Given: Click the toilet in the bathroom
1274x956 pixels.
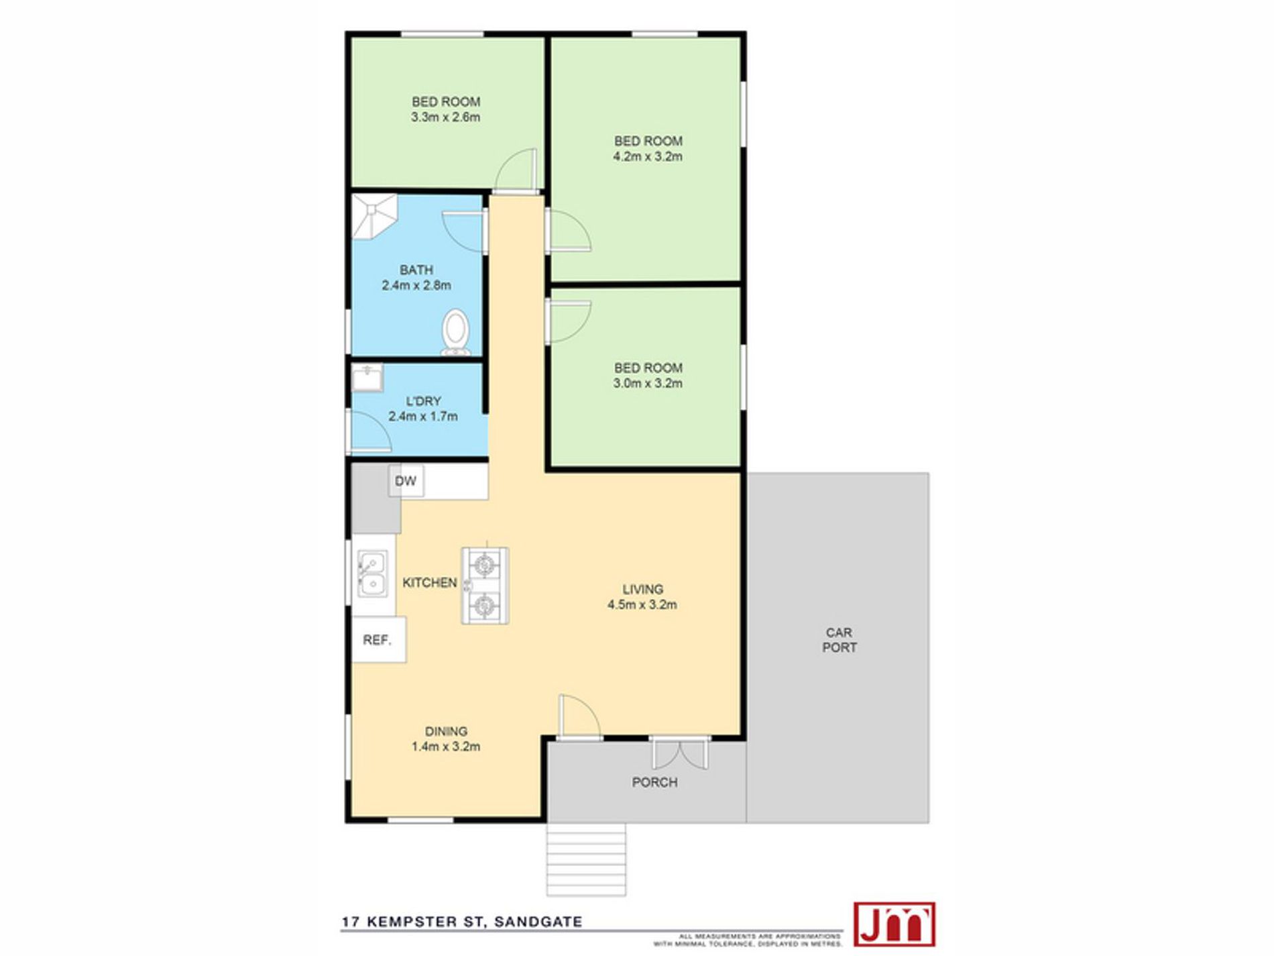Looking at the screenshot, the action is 455,331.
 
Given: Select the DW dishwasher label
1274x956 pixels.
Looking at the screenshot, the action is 406,481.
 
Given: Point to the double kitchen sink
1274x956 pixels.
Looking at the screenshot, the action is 372,574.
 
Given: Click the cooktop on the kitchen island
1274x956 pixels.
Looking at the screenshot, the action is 484,586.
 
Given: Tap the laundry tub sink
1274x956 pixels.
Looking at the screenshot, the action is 367,378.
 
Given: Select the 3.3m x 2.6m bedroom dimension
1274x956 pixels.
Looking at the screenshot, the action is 446,117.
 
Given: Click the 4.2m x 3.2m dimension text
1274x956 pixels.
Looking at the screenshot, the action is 648,156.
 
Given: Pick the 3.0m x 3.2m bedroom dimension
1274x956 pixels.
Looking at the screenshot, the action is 648,383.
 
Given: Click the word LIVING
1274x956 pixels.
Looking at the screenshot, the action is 643,589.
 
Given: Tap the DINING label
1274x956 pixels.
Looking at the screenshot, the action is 446,731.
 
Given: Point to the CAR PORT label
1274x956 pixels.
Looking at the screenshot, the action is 839,640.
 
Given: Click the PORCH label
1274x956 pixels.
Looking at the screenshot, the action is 654,782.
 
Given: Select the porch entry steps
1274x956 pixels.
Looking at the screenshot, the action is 586,859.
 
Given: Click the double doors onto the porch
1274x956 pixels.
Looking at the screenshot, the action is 680,753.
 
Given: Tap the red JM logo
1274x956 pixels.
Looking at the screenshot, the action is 894,924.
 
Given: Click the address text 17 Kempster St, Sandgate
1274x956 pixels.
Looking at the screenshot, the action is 462,922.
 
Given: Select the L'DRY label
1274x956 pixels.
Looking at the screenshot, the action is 423,401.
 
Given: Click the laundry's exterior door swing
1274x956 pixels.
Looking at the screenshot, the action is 370,430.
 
